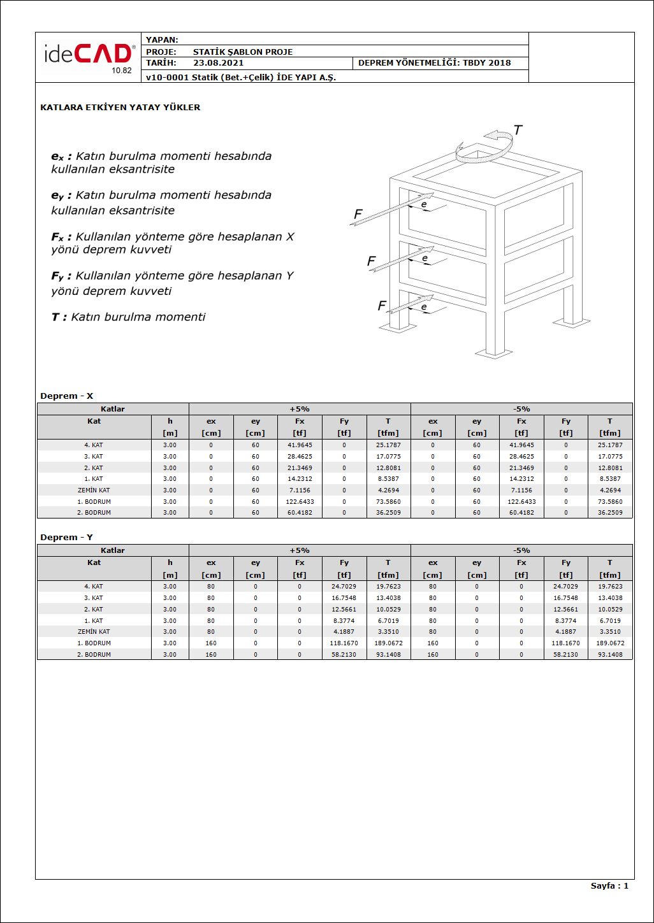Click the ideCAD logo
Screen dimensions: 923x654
coord(88,55)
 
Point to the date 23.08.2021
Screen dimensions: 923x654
coord(218,63)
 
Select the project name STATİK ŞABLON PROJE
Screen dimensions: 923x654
coord(243,52)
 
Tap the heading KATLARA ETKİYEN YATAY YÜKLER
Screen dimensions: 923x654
coord(120,108)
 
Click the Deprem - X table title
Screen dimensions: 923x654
coord(66,396)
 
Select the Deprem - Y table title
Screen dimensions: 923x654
coord(66,538)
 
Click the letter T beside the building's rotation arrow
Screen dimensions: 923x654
coord(518,131)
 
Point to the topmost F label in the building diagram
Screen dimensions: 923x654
coord(358,215)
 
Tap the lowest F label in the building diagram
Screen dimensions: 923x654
coord(382,306)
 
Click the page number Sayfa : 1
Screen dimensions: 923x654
coord(609,886)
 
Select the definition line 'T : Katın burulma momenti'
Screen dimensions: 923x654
coord(128,317)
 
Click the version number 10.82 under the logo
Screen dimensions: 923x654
coord(122,71)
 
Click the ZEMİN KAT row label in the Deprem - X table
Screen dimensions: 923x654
coord(94,490)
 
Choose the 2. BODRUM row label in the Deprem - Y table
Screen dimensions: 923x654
coord(94,655)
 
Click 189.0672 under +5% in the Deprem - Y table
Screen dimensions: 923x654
coord(388,643)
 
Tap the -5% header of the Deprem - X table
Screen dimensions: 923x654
coord(521,409)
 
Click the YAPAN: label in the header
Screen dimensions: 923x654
coord(162,39)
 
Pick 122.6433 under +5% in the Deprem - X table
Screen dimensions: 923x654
coord(300,502)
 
